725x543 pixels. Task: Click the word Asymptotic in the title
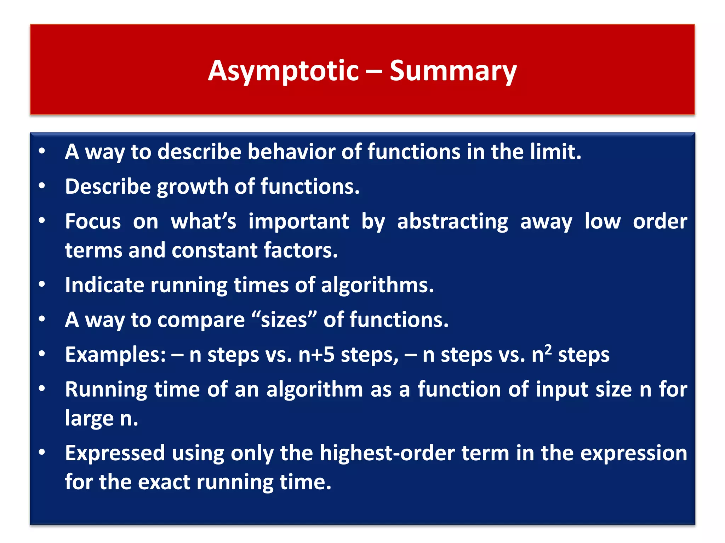[283, 71]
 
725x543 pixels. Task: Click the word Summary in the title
[453, 71]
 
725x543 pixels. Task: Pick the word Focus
[93, 222]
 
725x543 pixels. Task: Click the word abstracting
[452, 222]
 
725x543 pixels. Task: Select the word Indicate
[104, 285]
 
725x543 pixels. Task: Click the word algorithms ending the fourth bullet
[377, 285]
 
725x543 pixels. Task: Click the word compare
[201, 320]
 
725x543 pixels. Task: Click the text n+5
[316, 355]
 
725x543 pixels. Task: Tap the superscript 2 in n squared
[548, 350]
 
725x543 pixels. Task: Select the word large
[89, 419]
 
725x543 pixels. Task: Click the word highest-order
[387, 453]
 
